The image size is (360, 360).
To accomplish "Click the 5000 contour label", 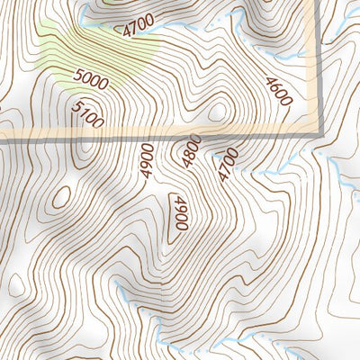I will (x=91, y=81).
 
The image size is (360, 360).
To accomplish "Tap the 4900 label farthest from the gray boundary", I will (x=181, y=212).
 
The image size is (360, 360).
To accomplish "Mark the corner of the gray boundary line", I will (x=319, y=134).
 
